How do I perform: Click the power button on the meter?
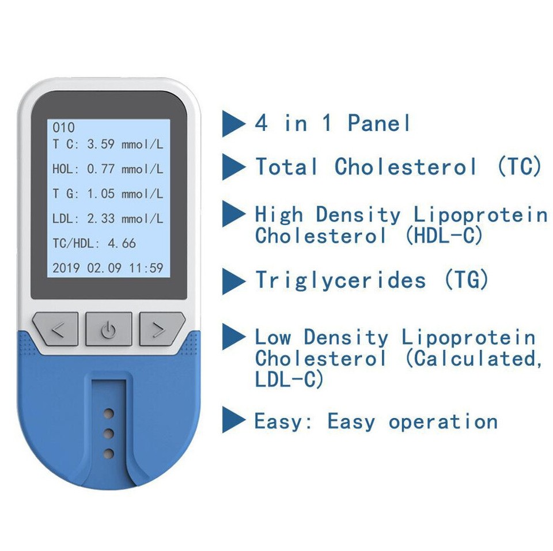click(109, 330)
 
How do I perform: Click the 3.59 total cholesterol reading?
click(101, 145)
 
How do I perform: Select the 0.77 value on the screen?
click(101, 169)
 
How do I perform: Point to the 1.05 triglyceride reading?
click(101, 194)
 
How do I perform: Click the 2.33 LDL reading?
click(101, 219)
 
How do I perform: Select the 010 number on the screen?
click(63, 128)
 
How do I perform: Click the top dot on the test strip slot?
click(108, 413)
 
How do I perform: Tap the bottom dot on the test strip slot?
click(108, 454)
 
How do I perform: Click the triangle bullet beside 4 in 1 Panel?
click(233, 123)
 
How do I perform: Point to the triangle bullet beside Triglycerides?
click(233, 282)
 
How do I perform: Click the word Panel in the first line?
click(380, 123)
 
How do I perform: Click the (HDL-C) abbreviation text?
click(444, 235)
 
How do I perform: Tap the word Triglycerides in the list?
click(340, 280)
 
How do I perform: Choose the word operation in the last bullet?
click(443, 421)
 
